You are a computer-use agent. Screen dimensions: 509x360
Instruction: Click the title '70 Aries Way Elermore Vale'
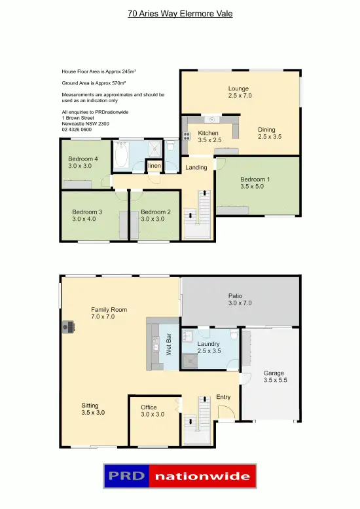coord(180,13)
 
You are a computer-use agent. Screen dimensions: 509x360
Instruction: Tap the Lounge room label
coord(239,92)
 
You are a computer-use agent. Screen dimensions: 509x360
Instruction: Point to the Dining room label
coord(269,133)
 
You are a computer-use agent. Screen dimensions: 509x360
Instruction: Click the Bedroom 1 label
coord(255,183)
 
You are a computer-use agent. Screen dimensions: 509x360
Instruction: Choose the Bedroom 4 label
coord(82,162)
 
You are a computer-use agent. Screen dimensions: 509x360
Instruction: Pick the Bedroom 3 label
coord(87,215)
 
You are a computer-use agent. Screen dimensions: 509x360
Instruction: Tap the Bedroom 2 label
coord(156,215)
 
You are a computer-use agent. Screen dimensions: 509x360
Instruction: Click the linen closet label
coord(154,166)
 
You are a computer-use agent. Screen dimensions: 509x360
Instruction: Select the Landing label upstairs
coord(196,167)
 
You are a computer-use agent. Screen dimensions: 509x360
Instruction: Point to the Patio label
coord(240,299)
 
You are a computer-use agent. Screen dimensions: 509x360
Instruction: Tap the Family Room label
coord(109,312)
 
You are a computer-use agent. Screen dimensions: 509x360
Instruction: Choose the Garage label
coord(274,376)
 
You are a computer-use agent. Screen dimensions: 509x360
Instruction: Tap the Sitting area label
coord(92,409)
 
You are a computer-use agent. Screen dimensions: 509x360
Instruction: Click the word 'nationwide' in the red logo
coord(202,476)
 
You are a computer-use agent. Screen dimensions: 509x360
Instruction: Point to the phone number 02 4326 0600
coord(77,130)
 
